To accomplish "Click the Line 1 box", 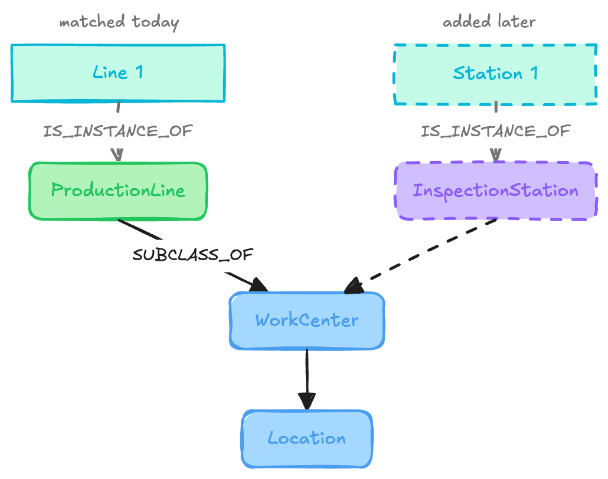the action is coord(118,73).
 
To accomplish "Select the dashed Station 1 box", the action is coord(495,74).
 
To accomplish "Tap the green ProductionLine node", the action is coord(118,191).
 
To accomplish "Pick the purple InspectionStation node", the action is coord(496,191).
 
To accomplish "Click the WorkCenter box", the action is coord(307,321).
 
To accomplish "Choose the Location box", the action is coord(307,439).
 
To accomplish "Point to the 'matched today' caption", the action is coord(119,22).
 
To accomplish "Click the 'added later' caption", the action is coord(489,21).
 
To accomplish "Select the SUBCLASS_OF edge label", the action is coord(192,255).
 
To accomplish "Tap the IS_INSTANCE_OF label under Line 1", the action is coord(118,132).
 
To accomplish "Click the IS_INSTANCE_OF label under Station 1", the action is coord(496,132).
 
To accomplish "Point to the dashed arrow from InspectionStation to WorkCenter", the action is coord(420,256).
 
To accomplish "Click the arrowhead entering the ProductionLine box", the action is coord(117,155).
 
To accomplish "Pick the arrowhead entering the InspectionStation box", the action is coord(496,155).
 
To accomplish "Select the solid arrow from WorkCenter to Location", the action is coord(307,380).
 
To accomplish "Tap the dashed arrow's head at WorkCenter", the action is coord(354,286).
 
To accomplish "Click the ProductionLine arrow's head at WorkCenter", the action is coord(258,285).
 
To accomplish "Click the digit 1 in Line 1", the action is coord(139,72).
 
